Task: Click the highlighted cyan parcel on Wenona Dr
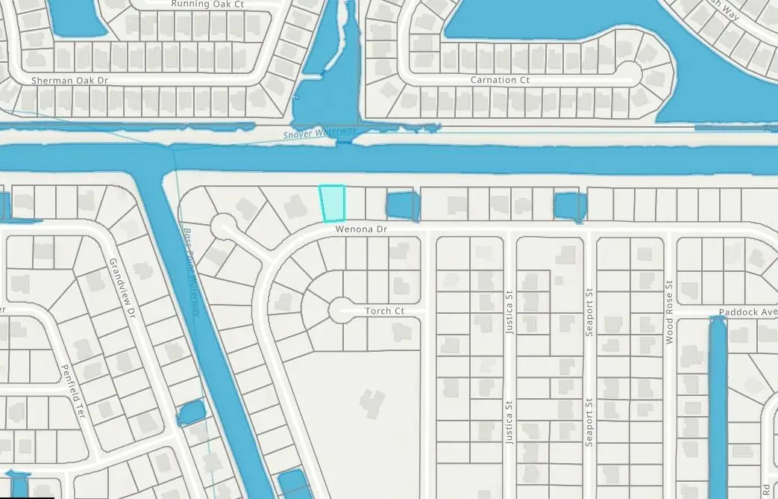click(x=333, y=203)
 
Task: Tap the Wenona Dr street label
click(x=361, y=231)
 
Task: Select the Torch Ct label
click(x=384, y=311)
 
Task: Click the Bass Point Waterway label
click(x=191, y=271)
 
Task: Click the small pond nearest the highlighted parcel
click(x=401, y=205)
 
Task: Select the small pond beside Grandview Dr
click(x=189, y=411)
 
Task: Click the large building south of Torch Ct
click(x=371, y=403)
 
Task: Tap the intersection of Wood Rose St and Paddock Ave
click(x=669, y=312)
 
